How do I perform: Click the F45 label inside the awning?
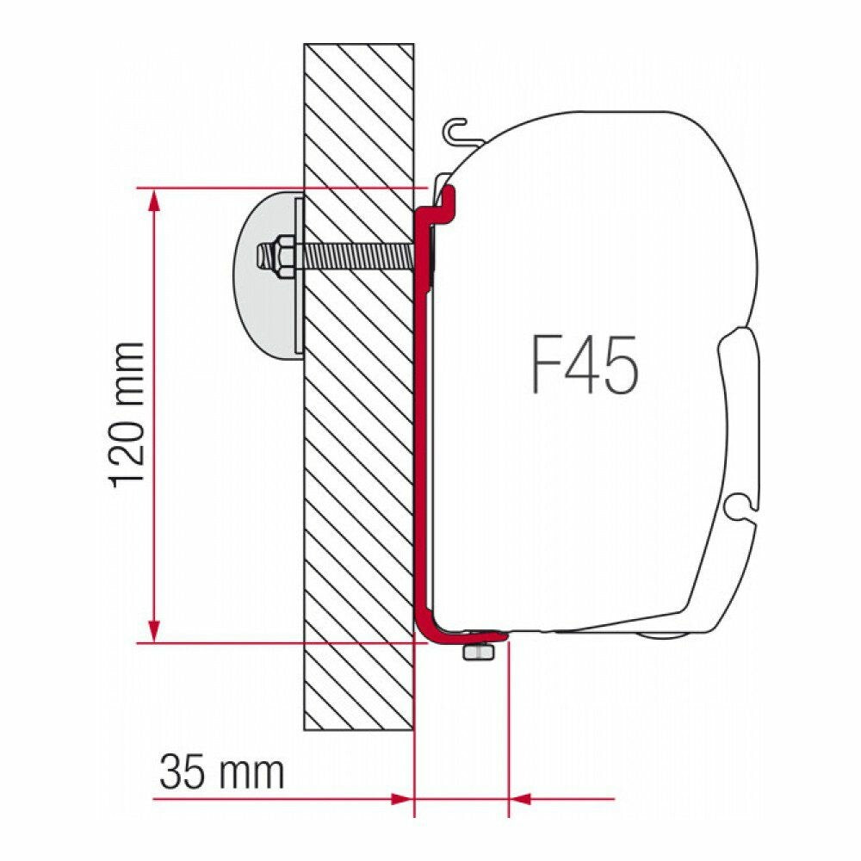click(x=585, y=363)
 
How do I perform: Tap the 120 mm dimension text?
click(x=127, y=415)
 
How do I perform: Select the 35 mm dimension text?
click(x=222, y=772)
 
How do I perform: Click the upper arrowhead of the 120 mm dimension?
click(x=154, y=200)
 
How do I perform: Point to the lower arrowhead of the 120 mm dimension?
click(x=154, y=630)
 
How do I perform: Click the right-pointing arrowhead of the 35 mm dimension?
click(x=401, y=798)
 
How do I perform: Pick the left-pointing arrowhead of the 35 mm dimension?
click(x=521, y=798)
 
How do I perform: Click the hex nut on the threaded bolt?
click(x=285, y=256)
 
